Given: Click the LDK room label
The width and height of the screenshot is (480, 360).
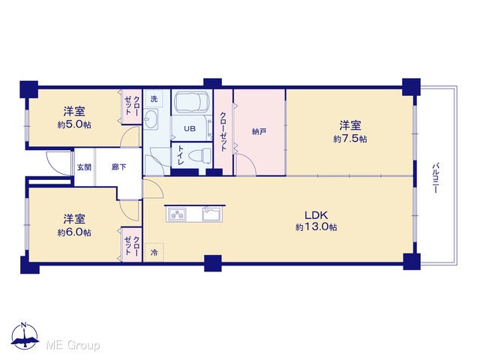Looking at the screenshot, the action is pos(316,215).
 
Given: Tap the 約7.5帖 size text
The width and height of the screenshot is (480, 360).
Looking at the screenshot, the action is pos(350,139).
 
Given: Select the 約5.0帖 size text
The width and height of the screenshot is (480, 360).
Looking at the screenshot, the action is pos(74,124).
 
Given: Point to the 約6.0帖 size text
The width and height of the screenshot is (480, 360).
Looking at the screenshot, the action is pos(74,232).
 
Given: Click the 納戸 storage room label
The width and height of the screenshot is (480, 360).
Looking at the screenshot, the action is pos(259,132).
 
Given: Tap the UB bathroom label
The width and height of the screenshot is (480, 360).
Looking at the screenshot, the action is pos(190,128).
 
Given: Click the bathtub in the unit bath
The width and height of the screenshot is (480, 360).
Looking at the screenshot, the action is pos(192,102).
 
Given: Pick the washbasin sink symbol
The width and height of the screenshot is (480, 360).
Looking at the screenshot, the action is pos(151,118).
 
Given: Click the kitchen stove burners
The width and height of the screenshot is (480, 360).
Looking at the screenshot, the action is pos(176,214).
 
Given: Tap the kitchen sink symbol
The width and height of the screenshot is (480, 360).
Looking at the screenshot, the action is pos(211,214).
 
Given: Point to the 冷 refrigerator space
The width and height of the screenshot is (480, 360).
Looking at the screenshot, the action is pos(154,253).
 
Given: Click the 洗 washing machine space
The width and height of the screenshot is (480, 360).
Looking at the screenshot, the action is pos(154,99).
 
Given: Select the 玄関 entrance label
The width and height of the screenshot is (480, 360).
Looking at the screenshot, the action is pos(84,167).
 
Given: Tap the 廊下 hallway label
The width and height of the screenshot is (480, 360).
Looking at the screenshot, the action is pos(118,167).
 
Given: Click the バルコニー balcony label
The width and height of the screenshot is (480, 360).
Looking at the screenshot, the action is pos(435,178).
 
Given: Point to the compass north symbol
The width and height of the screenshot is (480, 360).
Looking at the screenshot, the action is pos(25,335).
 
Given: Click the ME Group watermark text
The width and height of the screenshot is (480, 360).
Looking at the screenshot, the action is pos(73,345).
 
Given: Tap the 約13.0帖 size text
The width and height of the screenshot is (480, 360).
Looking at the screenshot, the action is pos(316,227).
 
